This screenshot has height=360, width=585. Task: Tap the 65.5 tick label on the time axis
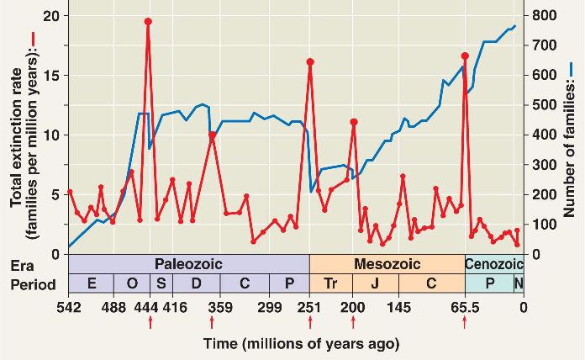(x=465, y=306)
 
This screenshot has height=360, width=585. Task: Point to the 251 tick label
(x=310, y=306)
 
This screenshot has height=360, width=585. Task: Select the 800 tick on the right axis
(x=541, y=16)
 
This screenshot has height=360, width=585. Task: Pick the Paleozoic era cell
(x=189, y=263)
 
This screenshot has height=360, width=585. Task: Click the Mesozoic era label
(x=387, y=263)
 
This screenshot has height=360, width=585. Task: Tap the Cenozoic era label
(x=494, y=263)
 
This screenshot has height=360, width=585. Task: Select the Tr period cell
(x=331, y=283)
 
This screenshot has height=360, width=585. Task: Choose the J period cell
(x=373, y=283)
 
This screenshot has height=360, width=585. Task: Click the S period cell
(x=161, y=283)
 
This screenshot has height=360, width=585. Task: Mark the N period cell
(x=518, y=283)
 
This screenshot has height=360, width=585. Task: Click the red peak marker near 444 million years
(x=148, y=22)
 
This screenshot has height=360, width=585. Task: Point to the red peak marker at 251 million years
(x=310, y=61)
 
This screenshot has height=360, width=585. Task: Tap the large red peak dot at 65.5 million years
(x=465, y=56)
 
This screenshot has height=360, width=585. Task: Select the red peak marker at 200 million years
(x=353, y=122)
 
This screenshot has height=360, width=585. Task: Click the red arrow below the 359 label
(x=211, y=322)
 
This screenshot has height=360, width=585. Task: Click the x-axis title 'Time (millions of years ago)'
(x=301, y=344)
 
